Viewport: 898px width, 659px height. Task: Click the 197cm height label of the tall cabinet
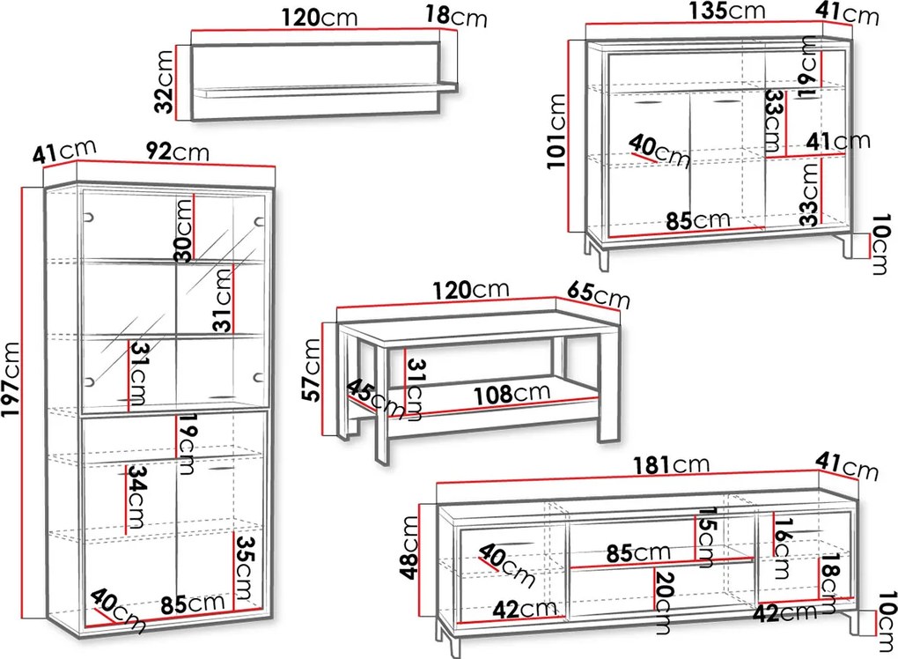click(x=11, y=380)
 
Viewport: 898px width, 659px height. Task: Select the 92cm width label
click(x=178, y=152)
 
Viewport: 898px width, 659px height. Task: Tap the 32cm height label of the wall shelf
click(x=165, y=82)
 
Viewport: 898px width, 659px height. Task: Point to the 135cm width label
click(x=726, y=11)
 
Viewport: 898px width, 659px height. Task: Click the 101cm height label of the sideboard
click(x=556, y=131)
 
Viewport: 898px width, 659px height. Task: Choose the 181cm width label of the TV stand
click(x=672, y=464)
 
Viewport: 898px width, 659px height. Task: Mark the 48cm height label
click(x=410, y=548)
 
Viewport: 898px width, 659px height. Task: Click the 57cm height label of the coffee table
click(x=312, y=370)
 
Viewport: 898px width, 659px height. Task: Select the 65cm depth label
click(x=598, y=296)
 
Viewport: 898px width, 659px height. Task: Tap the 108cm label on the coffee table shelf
click(x=512, y=394)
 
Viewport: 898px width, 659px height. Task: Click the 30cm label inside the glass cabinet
click(x=184, y=230)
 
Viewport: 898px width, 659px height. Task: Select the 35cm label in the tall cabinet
click(x=247, y=568)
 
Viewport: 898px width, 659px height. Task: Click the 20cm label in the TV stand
click(x=665, y=603)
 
